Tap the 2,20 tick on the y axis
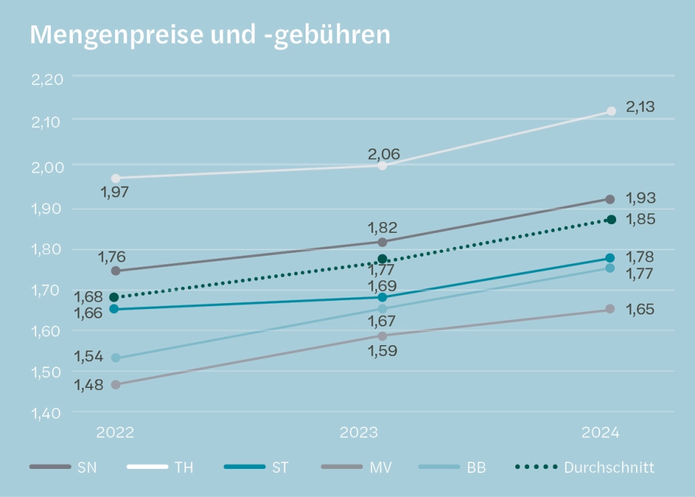[x=47, y=79]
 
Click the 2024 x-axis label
[x=601, y=432]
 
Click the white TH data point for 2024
[x=611, y=111]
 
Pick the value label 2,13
[x=640, y=106]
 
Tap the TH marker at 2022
[x=116, y=179]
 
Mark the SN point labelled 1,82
[x=382, y=241]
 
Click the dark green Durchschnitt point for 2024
[x=611, y=219]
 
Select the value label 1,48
[x=88, y=386]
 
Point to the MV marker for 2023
[x=382, y=336]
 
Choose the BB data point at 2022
[x=116, y=358]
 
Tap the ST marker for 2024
[x=610, y=258]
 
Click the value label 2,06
[x=383, y=155]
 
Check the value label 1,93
[x=640, y=198]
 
